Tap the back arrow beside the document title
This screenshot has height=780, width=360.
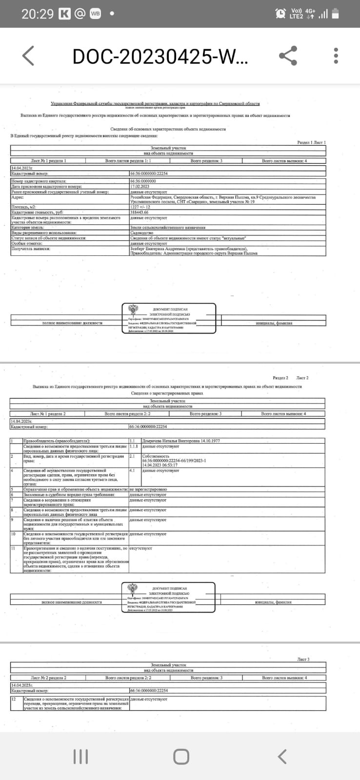click(x=28, y=56)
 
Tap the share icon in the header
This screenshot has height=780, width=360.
click(x=288, y=56)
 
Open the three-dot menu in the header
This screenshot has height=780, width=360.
click(x=336, y=56)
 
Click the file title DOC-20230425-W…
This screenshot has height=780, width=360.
click(x=160, y=57)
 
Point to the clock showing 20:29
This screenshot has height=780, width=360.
click(x=37, y=14)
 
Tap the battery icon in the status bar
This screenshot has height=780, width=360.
click(x=336, y=14)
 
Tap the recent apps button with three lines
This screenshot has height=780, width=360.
click(x=80, y=757)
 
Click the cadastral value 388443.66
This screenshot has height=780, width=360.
click(x=140, y=213)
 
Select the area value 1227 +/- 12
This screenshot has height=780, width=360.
click(x=140, y=207)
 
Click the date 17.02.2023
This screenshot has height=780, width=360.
click(x=140, y=186)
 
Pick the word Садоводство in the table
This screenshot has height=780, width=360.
click(x=141, y=233)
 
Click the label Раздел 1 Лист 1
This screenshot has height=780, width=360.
click(x=311, y=142)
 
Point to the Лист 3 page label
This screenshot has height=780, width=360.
click(x=303, y=660)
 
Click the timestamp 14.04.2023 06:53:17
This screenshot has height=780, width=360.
click(x=160, y=465)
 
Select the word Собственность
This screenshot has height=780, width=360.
click(x=156, y=456)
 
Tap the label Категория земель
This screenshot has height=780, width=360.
click(x=28, y=228)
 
